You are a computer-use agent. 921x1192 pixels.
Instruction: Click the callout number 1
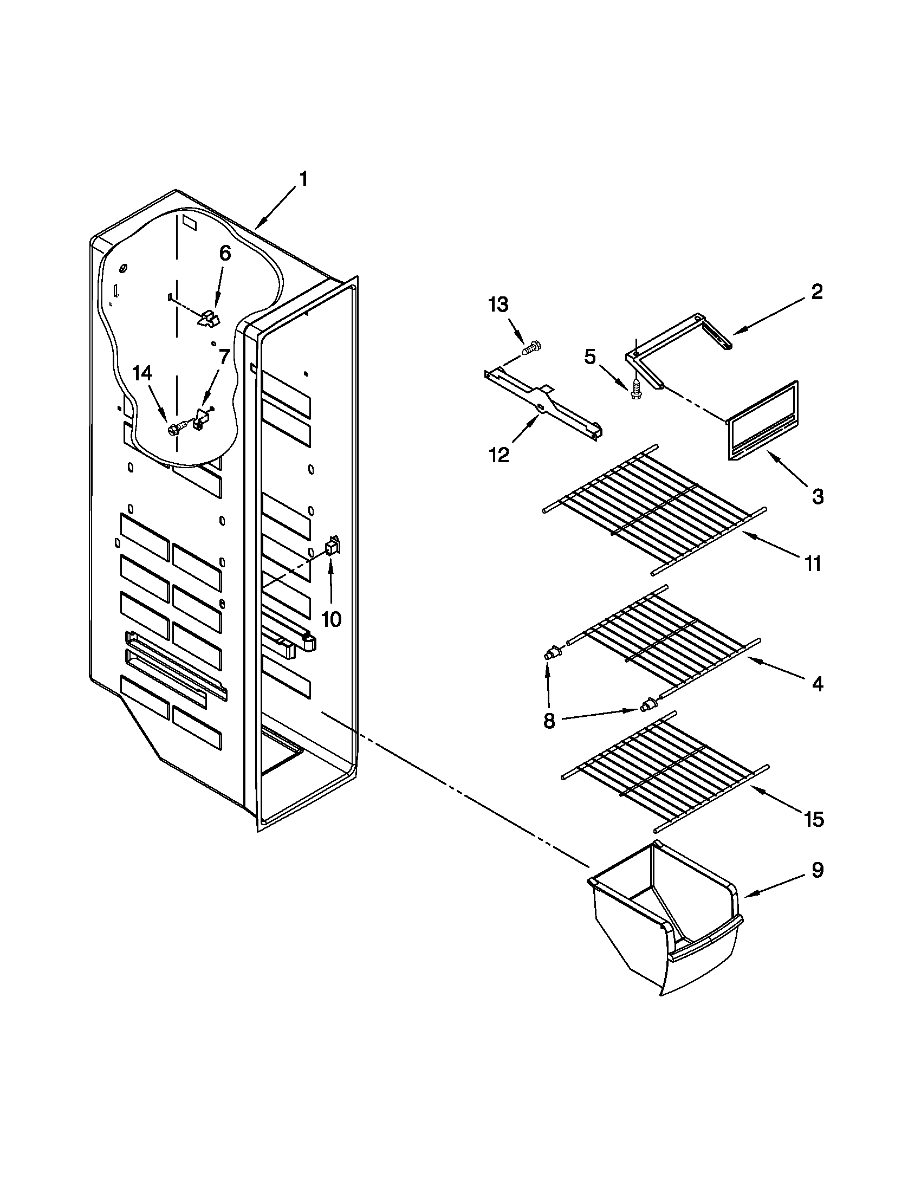point(303,179)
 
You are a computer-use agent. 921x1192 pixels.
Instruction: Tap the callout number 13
point(497,305)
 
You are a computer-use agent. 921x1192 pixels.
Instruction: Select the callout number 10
point(331,619)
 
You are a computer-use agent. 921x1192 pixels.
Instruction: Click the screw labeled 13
point(531,348)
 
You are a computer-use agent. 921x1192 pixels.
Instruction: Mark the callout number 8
point(549,721)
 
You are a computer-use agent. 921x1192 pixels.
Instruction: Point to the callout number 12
point(498,454)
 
